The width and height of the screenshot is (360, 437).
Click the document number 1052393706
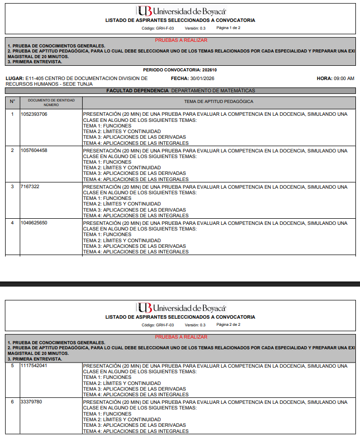[34, 114]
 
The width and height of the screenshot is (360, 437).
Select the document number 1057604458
[34, 150]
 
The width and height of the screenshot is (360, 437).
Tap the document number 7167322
[30, 187]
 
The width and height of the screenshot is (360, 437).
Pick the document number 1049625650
[34, 223]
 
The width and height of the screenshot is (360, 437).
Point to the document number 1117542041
[34, 366]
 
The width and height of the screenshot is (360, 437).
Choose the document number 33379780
[32, 402]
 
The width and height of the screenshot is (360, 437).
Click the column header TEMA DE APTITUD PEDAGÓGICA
[219, 101]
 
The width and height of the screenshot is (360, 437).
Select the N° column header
[13, 101]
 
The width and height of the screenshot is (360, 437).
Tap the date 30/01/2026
[203, 79]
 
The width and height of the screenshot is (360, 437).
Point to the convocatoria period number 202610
[210, 70]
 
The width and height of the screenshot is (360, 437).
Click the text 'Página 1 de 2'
[228, 28]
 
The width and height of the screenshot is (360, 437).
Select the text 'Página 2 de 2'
[228, 324]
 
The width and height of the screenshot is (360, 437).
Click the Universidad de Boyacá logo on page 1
[181, 11]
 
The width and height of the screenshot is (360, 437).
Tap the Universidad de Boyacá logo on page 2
[181, 307]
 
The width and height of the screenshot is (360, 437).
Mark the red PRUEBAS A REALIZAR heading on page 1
[181, 40]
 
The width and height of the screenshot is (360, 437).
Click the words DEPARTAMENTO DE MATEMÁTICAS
[213, 90]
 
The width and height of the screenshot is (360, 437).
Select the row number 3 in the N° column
[13, 187]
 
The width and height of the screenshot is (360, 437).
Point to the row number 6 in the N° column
[13, 402]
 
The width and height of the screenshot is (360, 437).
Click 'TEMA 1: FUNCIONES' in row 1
[107, 126]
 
